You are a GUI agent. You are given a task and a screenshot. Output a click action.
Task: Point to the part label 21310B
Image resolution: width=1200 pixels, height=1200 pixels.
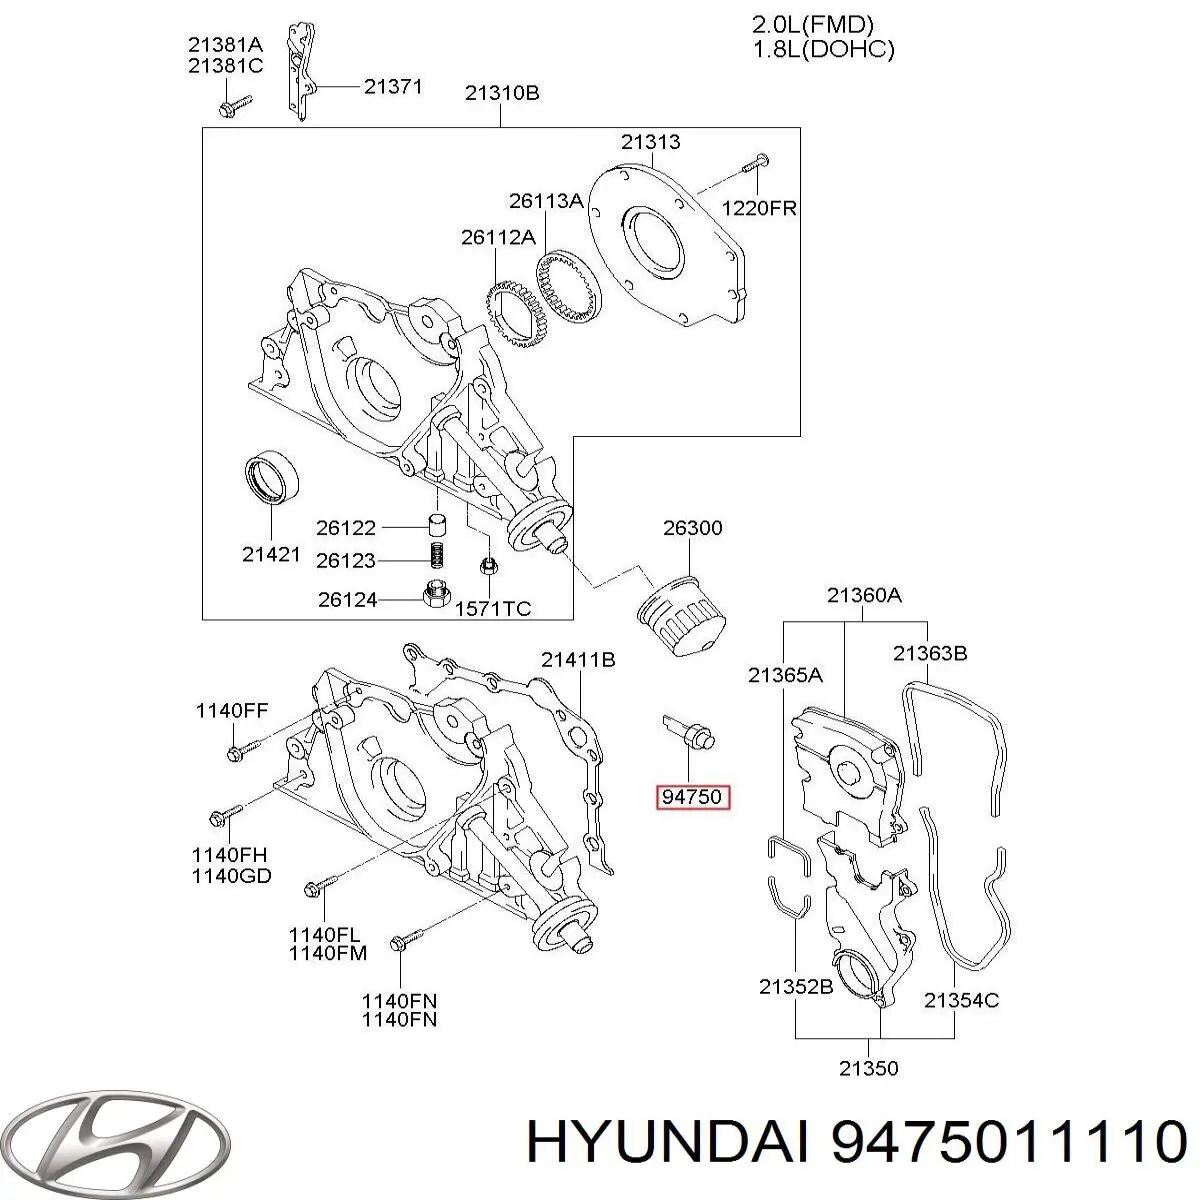click(x=501, y=93)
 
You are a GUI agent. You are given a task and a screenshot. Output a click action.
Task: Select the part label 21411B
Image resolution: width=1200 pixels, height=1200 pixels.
click(x=577, y=659)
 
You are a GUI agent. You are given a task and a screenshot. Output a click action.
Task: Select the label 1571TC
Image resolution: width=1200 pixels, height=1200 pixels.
click(x=493, y=608)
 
